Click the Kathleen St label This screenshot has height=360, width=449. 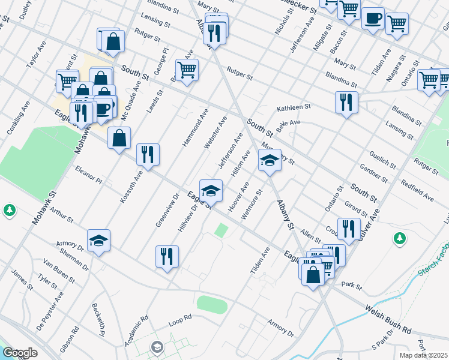point(293,109)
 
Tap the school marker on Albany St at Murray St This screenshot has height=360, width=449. point(270,160)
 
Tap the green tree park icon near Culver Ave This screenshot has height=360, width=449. point(400,239)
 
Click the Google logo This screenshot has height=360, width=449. point(20,353)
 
